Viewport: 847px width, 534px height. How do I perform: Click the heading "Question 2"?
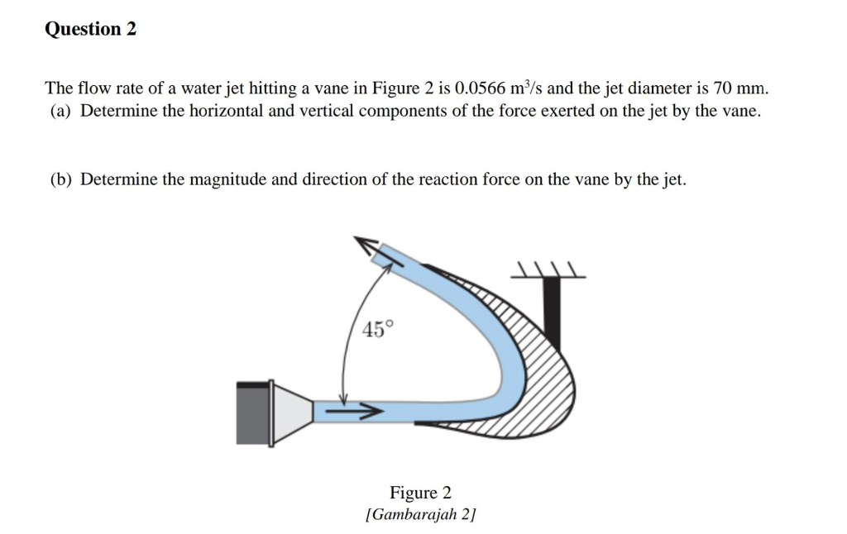90,30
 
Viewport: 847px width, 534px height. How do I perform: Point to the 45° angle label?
374,329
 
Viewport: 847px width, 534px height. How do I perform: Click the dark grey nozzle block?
253,414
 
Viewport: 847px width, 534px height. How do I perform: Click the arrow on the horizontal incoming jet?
352,409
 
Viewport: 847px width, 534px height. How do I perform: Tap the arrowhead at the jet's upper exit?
367,246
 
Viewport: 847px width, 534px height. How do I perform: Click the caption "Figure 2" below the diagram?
420,493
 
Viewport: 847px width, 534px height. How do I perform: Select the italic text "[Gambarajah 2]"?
420,515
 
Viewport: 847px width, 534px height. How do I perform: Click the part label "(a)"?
60,111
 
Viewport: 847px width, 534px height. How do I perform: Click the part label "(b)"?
60,179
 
